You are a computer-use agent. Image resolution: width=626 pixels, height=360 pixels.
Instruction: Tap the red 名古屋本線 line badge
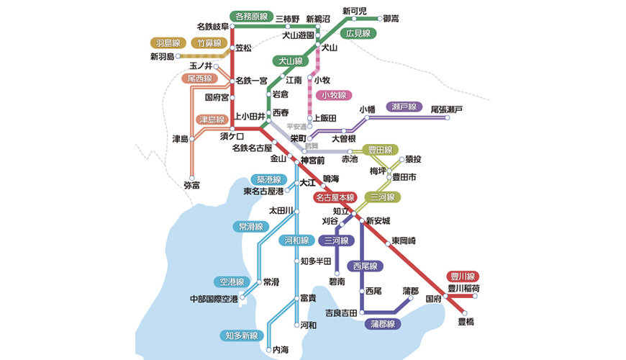[335, 197]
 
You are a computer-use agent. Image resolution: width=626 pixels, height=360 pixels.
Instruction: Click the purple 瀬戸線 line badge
[404, 107]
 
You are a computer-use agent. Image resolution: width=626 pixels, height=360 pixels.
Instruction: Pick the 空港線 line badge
[231, 282]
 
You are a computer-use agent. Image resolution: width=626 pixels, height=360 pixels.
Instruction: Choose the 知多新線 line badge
[240, 336]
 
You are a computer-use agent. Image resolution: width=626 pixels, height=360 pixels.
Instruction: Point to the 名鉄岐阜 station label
[212, 27]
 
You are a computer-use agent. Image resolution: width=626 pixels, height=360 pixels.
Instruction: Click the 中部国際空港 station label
[213, 298]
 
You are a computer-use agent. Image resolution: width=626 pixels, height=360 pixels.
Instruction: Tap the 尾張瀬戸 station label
[447, 109]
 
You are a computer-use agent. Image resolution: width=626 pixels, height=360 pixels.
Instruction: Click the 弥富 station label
[193, 185]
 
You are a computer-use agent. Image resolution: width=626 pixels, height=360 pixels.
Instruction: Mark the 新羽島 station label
[162, 56]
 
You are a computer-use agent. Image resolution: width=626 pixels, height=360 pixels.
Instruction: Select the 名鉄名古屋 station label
[252, 148]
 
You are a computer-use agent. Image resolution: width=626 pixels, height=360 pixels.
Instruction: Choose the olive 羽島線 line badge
[168, 42]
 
